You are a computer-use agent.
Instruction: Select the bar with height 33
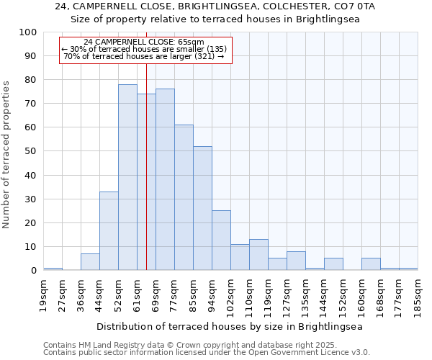point(109,230)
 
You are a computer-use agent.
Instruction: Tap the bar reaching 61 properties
point(184,197)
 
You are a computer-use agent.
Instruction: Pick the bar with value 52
point(202,208)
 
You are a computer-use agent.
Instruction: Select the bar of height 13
point(258,255)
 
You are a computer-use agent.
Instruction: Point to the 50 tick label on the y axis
point(30,151)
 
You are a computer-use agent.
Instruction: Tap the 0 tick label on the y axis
point(33,271)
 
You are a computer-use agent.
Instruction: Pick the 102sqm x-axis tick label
point(231,295)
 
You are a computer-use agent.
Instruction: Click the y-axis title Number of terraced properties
point(6,154)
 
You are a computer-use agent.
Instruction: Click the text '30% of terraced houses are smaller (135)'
point(144,49)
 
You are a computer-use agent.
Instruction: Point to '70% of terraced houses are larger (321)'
point(144,56)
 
